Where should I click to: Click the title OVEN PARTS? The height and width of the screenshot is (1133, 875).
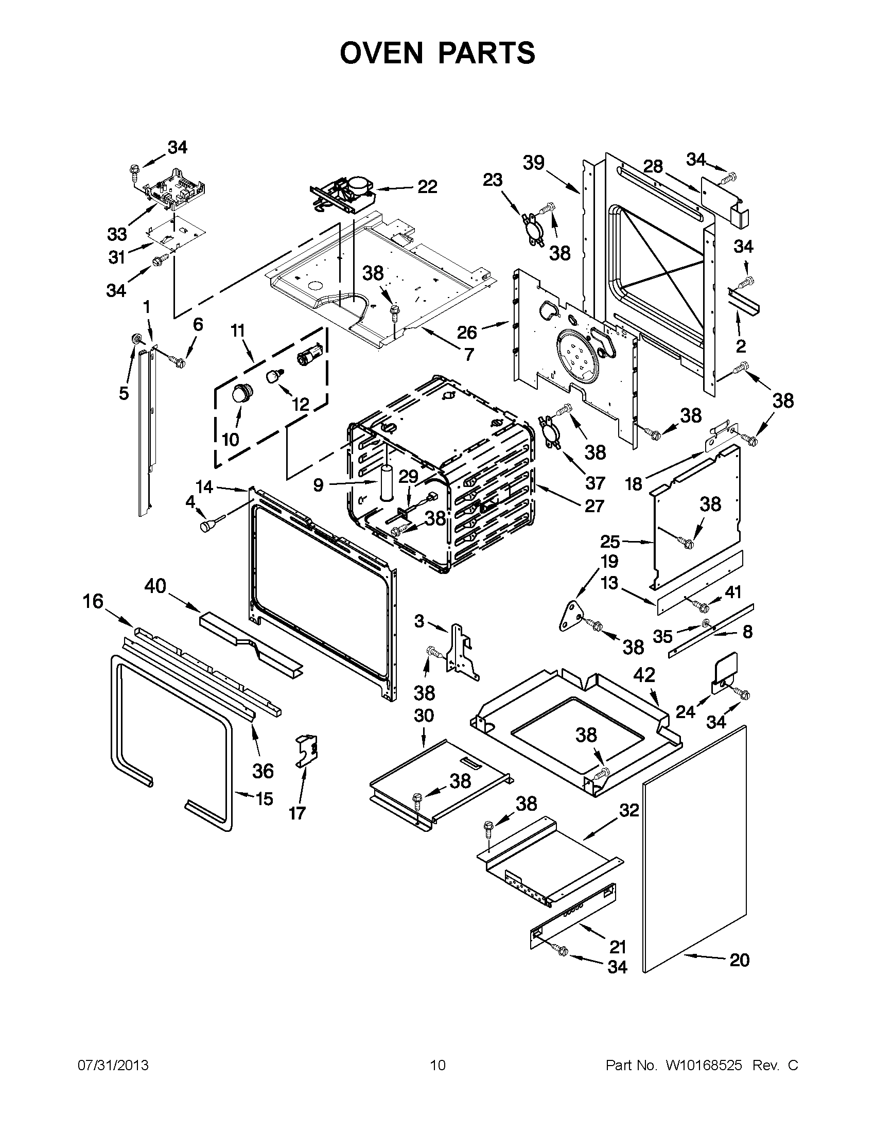pos(437,53)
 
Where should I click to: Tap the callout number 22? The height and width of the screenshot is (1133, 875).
pos(427,187)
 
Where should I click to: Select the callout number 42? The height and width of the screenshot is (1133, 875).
pos(644,674)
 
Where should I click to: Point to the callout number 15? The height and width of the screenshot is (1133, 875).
pos(264,799)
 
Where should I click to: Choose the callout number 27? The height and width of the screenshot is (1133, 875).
pos(594,506)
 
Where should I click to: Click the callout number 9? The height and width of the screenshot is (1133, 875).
pos(318,485)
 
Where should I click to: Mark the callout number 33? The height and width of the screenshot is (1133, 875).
pos(117,234)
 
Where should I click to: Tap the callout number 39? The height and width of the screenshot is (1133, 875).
pos(533,162)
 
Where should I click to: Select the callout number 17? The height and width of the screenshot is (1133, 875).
pos(297,813)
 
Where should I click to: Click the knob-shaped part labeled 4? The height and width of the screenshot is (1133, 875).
pos(207,526)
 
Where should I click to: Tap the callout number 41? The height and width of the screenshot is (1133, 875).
pos(733,592)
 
